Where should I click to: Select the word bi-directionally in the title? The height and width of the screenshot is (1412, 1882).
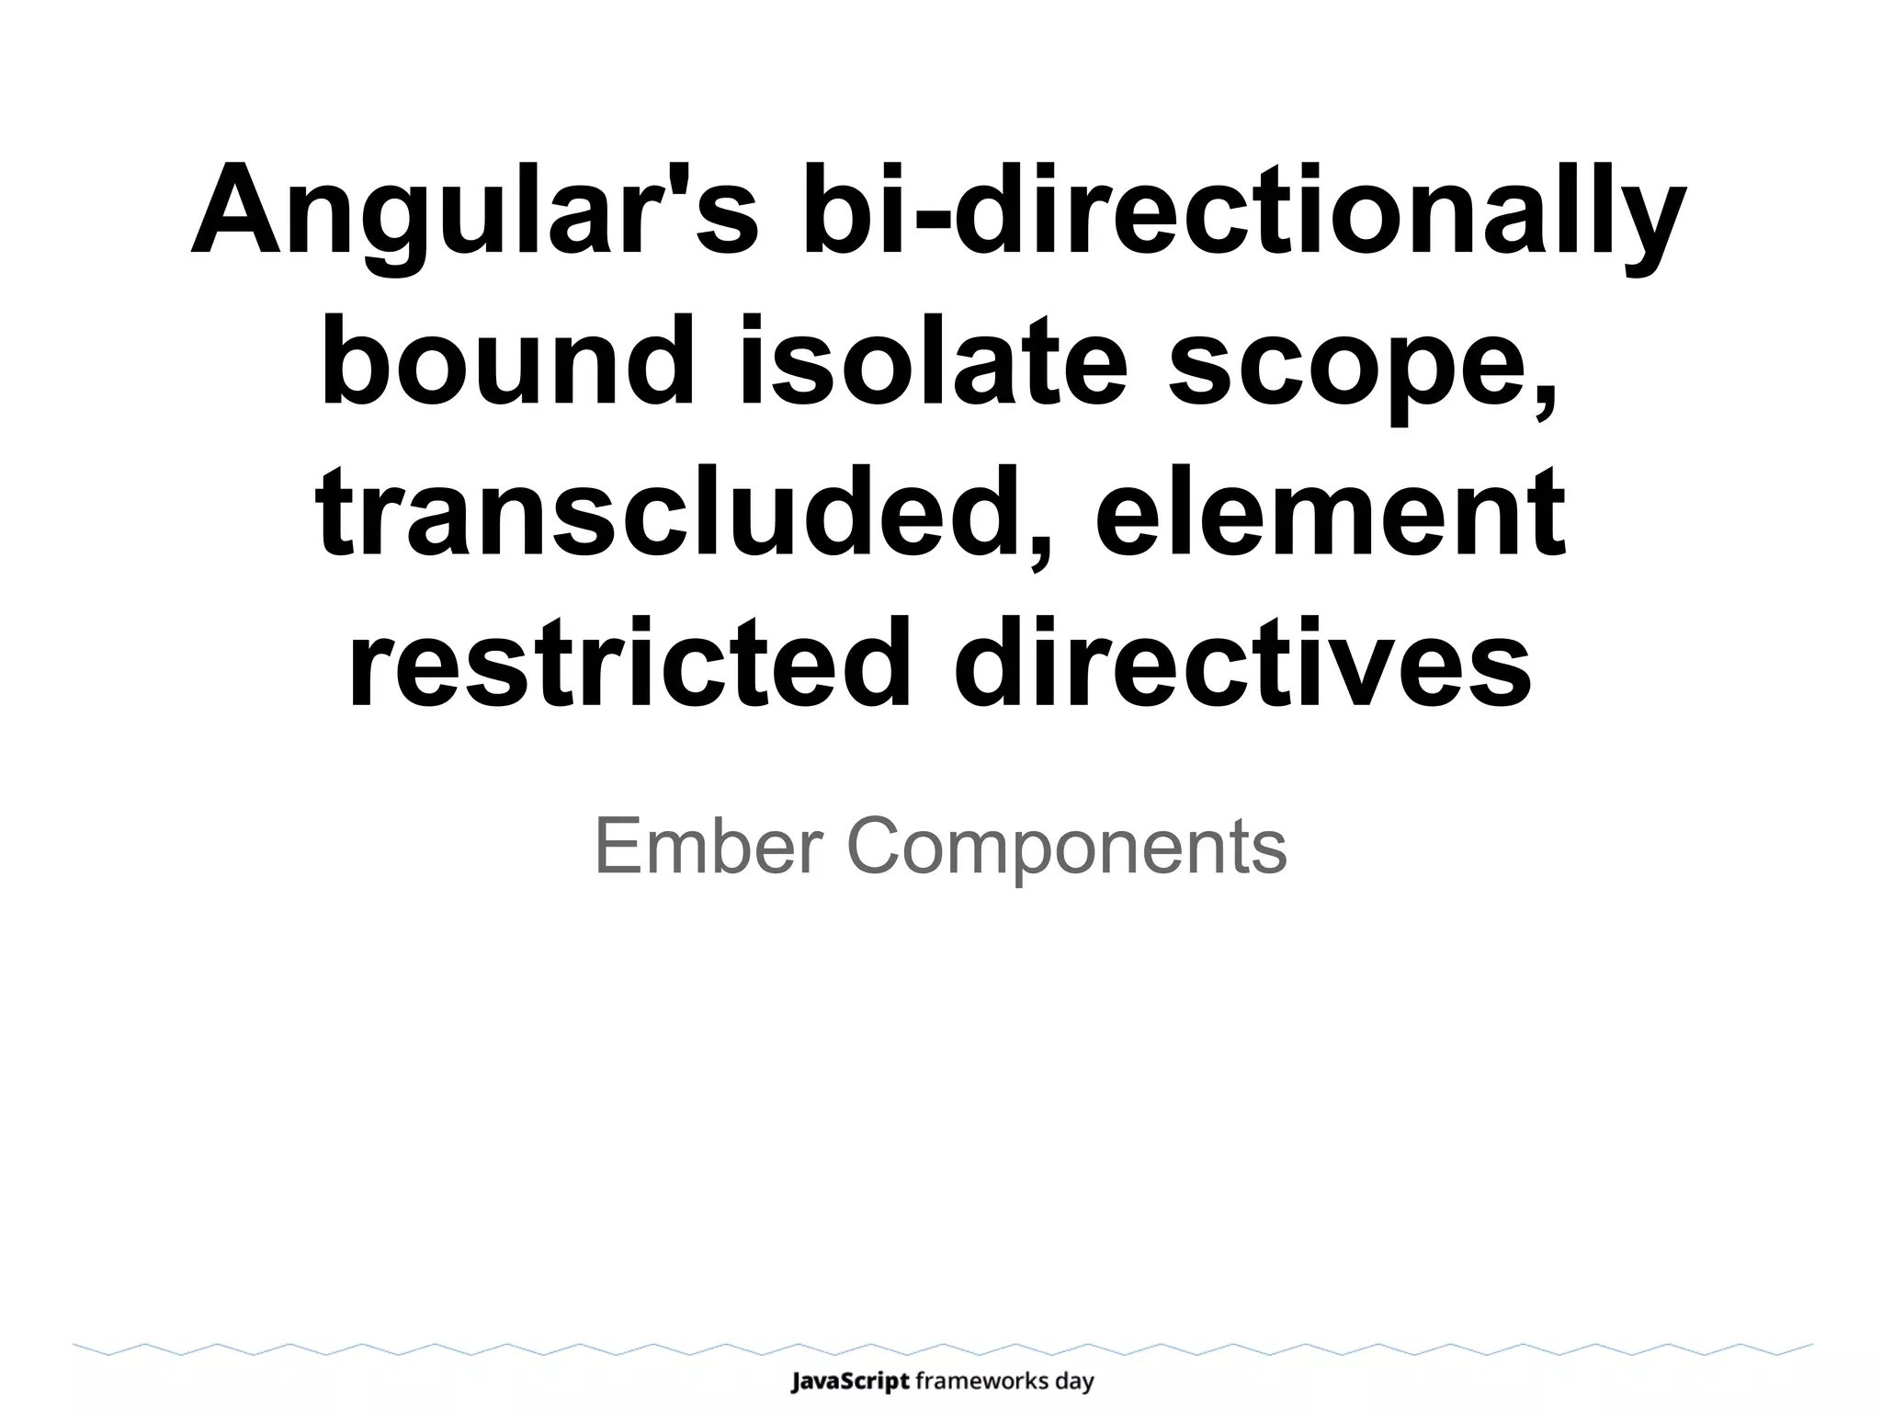click(x=1243, y=213)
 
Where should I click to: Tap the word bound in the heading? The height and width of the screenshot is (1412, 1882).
click(x=507, y=362)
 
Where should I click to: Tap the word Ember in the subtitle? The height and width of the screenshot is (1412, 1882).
click(x=708, y=846)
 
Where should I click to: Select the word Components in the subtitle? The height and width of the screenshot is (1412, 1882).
click(x=1066, y=846)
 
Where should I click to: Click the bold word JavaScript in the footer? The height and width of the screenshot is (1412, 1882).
click(x=850, y=1381)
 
